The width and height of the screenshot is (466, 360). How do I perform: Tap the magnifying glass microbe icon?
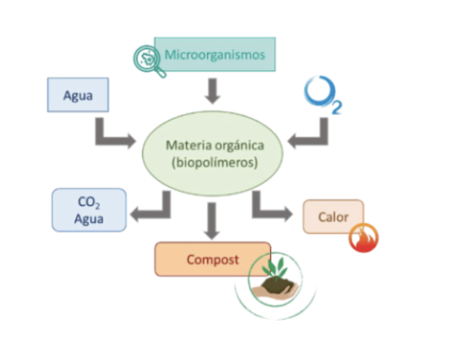click(148, 60)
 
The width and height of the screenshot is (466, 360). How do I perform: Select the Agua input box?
click(78, 95)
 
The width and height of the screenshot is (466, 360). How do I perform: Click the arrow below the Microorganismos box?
click(212, 90)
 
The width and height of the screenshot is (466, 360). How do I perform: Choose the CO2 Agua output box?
click(89, 210)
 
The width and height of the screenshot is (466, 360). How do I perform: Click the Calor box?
click(333, 216)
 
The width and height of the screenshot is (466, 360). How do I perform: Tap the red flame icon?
click(364, 238)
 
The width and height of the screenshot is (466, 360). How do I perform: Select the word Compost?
click(212, 260)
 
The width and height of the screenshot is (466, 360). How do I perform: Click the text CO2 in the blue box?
click(89, 202)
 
